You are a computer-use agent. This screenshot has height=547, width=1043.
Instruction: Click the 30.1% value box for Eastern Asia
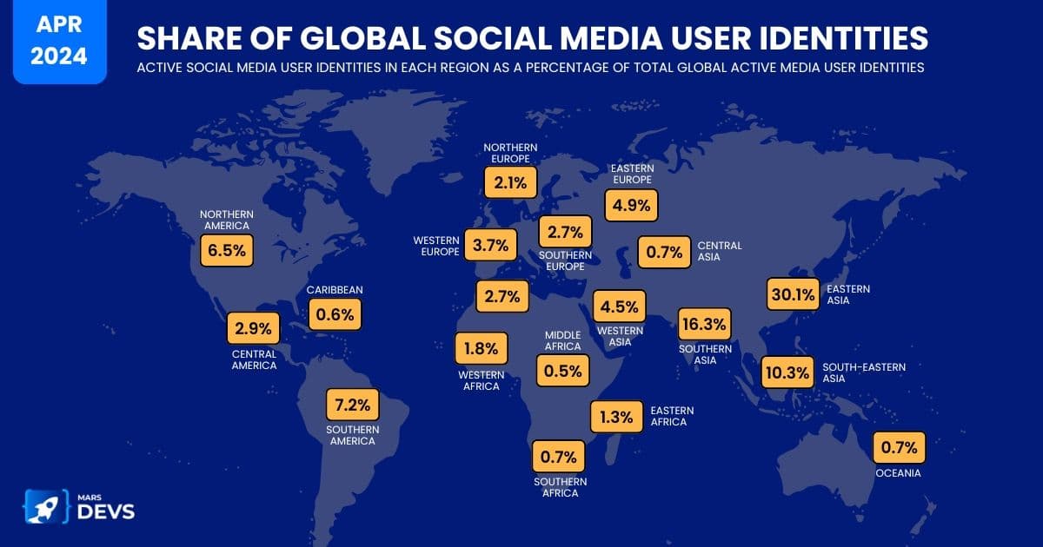[x=793, y=294]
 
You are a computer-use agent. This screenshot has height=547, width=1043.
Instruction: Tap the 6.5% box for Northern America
[x=227, y=252]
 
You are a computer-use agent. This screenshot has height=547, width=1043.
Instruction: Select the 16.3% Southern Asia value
[x=705, y=325]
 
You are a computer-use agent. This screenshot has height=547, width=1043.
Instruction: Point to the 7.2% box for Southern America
[x=353, y=405]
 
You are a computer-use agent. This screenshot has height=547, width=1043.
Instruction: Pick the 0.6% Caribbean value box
[x=335, y=314]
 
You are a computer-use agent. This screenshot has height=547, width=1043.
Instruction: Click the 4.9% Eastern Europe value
[x=632, y=206]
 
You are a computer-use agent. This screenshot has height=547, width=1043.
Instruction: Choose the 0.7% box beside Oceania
[x=900, y=448]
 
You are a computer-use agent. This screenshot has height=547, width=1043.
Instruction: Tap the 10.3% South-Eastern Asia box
[x=787, y=373]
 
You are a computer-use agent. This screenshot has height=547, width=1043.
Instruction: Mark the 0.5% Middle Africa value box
[x=562, y=370]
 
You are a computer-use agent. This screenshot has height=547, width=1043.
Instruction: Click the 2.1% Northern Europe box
[x=510, y=183]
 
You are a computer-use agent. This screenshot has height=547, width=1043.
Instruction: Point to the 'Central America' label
[x=254, y=359]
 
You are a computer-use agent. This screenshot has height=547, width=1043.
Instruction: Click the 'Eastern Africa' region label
[x=668, y=416]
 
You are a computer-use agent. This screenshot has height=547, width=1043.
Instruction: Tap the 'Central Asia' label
[x=720, y=252]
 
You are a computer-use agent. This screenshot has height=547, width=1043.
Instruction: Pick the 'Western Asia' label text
[x=620, y=336]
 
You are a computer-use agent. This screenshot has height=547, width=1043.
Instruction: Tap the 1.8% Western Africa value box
[x=481, y=349]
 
